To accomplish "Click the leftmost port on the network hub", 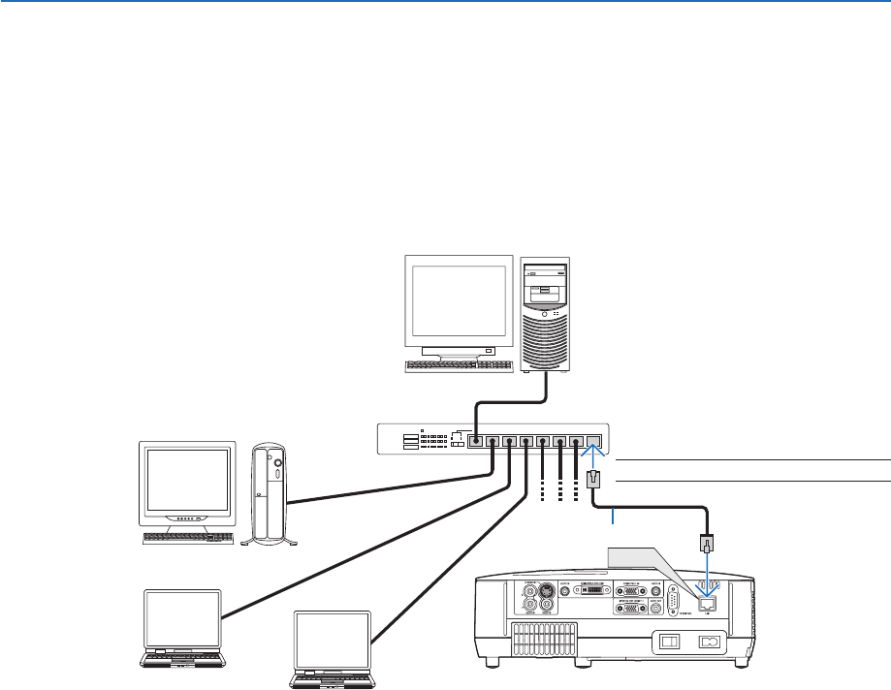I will (475, 441).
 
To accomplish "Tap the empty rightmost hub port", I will (594, 441).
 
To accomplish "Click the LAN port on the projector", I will (708, 602).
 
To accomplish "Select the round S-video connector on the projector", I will (546, 591).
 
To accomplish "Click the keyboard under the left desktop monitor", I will (188, 537).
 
